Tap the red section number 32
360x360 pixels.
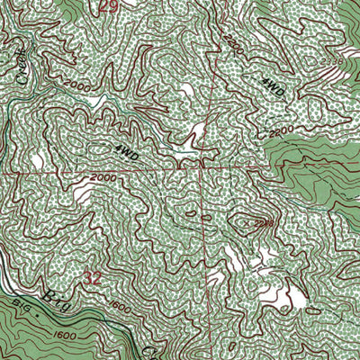point(94,280)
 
